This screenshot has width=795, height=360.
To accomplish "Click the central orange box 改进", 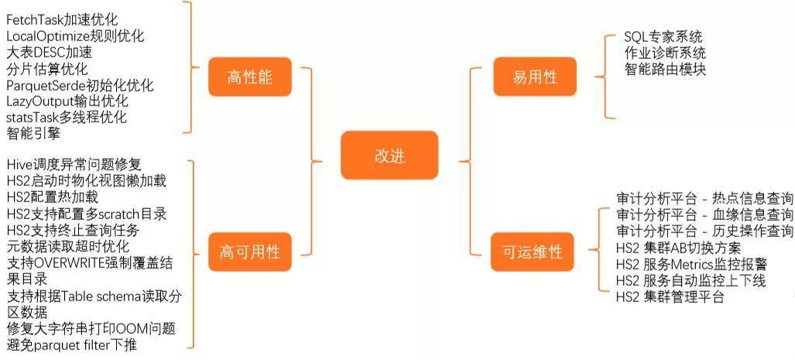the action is (389, 155).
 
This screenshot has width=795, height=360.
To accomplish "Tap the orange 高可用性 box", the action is (249, 252).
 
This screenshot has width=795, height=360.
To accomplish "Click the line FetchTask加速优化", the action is (62, 19).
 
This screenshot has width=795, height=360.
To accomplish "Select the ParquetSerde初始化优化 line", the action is (80, 84).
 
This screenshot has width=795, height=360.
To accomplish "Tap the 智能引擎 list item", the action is (33, 133).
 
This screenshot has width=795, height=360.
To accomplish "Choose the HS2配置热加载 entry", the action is (52, 197).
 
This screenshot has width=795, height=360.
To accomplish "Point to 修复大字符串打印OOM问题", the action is (91, 328).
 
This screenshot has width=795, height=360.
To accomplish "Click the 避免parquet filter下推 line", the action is (72, 345).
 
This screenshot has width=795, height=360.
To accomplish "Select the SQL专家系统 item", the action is (663, 37).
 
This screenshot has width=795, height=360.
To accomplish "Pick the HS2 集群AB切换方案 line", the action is (679, 248).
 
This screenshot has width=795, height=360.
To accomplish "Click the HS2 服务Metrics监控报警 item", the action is (690, 264).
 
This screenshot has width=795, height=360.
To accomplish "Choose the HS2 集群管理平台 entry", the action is (670, 297).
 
